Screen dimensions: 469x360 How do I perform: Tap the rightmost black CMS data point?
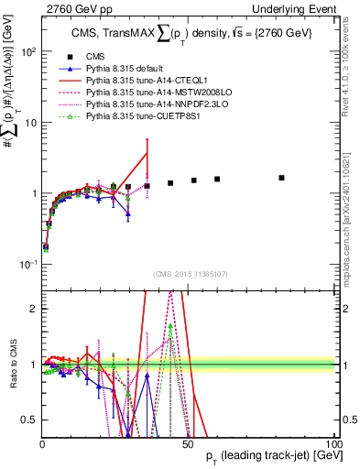pos(281,178)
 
